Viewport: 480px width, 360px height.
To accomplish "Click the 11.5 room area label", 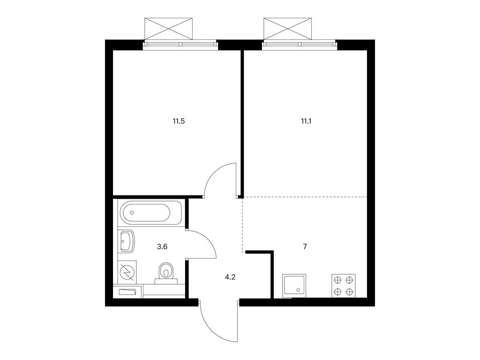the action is point(179,121).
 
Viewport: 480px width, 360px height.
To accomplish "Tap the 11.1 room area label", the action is point(306,121).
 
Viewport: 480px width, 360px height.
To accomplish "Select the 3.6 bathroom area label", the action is point(162,247).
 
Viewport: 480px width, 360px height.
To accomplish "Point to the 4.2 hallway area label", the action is point(230,277).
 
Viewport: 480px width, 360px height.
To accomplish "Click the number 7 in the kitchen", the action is point(305,247).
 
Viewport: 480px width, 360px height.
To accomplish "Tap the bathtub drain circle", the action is point(132,212).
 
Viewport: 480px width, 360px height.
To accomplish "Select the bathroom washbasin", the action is point(127,241).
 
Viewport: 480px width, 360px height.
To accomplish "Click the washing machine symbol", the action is point(127,272).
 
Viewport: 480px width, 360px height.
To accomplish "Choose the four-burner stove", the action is point(344,285).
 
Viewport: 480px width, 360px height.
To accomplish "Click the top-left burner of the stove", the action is point(338,280).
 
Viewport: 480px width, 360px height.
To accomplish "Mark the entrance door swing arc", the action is point(211,330).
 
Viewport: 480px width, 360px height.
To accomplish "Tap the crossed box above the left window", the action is point(168,29).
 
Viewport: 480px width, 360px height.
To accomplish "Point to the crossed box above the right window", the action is point(288,29).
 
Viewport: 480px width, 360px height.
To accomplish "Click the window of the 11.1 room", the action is point(300,45).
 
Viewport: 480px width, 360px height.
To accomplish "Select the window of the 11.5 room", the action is point(180,45).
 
